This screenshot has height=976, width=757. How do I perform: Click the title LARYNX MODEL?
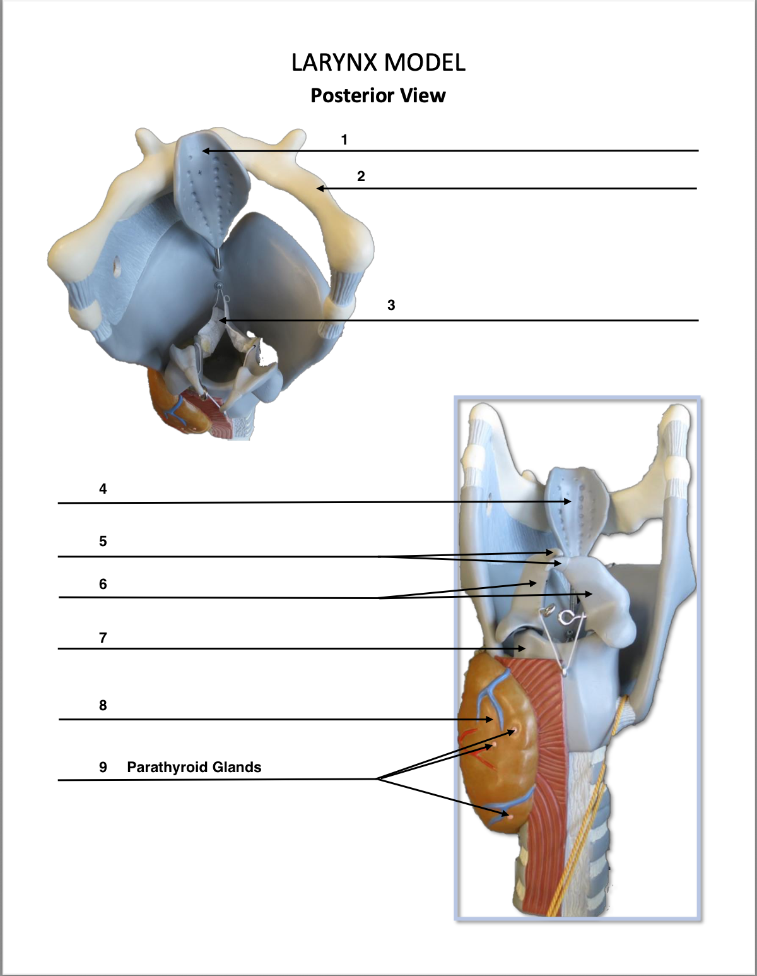click(378, 62)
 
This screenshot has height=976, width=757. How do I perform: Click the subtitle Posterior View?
click(378, 95)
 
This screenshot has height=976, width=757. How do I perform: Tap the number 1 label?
click(344, 140)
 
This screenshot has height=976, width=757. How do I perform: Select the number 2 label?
click(361, 176)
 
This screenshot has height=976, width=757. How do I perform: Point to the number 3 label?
click(391, 305)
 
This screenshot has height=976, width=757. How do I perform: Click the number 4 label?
click(103, 489)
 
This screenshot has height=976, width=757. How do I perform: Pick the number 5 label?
click(103, 541)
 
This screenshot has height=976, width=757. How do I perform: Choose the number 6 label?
click(103, 584)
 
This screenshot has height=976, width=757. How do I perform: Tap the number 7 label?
click(103, 638)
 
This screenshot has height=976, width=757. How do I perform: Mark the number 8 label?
click(103, 705)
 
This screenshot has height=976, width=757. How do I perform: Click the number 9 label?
click(103, 767)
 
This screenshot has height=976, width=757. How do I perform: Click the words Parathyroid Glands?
click(194, 767)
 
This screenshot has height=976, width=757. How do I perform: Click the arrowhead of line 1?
click(204, 151)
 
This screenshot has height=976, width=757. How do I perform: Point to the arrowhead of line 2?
click(319, 188)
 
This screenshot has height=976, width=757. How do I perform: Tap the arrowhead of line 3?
click(221, 321)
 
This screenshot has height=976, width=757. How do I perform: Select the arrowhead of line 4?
click(569, 501)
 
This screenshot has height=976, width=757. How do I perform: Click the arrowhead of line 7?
click(522, 648)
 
